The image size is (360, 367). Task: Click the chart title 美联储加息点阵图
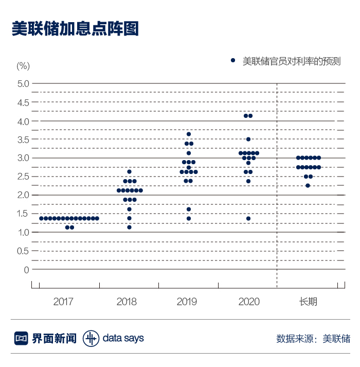pos(75,28)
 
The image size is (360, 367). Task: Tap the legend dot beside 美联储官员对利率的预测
pos(232,61)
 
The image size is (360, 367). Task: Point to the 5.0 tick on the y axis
pos(23,83)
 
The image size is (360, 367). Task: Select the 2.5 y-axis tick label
pos(23,177)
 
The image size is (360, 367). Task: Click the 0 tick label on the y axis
pos(27,269)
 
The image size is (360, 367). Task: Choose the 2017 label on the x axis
pos(64,302)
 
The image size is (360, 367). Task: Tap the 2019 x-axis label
pos(187,302)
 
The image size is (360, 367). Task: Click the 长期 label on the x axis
pos(308,302)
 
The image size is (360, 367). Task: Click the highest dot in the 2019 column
pos(189,134)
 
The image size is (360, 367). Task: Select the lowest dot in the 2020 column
pos(248,218)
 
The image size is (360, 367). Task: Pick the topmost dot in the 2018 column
pos(129,171)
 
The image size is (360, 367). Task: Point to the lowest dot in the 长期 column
pos(308,185)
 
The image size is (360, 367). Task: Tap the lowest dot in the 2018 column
pos(129,228)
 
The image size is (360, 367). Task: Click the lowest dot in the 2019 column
pos(189,218)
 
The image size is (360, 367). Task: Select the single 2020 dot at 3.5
pos(248,139)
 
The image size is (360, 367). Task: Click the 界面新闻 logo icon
pos(21,338)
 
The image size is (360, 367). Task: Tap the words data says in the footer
pos(123,338)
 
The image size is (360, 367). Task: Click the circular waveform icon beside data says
pos(91,338)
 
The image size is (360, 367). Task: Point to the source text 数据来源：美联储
pos(313,339)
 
